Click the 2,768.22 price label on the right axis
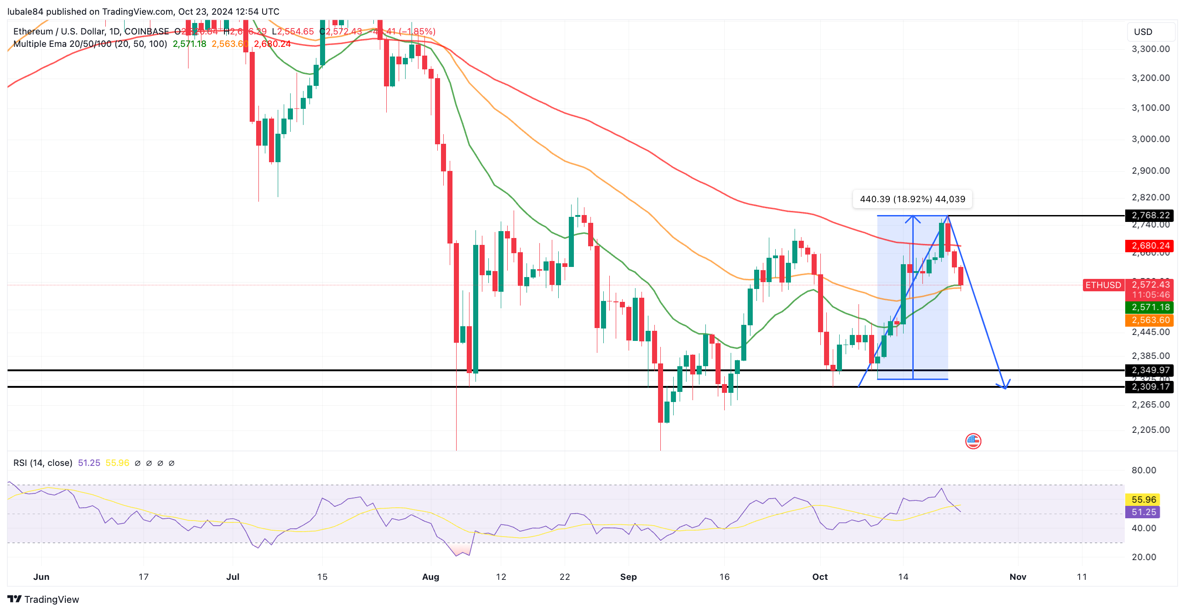click(1150, 215)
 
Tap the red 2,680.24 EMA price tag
click(1150, 245)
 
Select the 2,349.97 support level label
click(1150, 370)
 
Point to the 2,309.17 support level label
click(1150, 387)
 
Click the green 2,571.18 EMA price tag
click(1150, 307)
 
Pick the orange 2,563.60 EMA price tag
click(1150, 320)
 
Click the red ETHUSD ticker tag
click(1103, 285)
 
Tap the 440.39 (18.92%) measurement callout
click(912, 199)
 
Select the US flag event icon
click(973, 441)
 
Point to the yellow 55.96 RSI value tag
click(1143, 499)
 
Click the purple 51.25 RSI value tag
click(1143, 512)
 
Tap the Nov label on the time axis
click(1018, 577)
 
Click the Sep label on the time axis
click(629, 577)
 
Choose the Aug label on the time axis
click(430, 577)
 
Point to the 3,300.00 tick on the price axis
click(1151, 49)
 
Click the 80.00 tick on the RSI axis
click(1144, 470)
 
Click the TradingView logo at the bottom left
click(43, 599)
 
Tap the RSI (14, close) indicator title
click(43, 463)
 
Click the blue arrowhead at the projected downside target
click(1006, 385)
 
